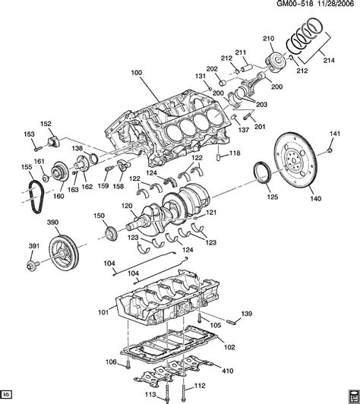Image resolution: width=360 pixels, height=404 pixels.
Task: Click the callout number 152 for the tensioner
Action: pyautogui.click(x=46, y=124)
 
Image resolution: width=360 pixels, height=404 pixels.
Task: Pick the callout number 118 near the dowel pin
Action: pyautogui.click(x=234, y=153)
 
